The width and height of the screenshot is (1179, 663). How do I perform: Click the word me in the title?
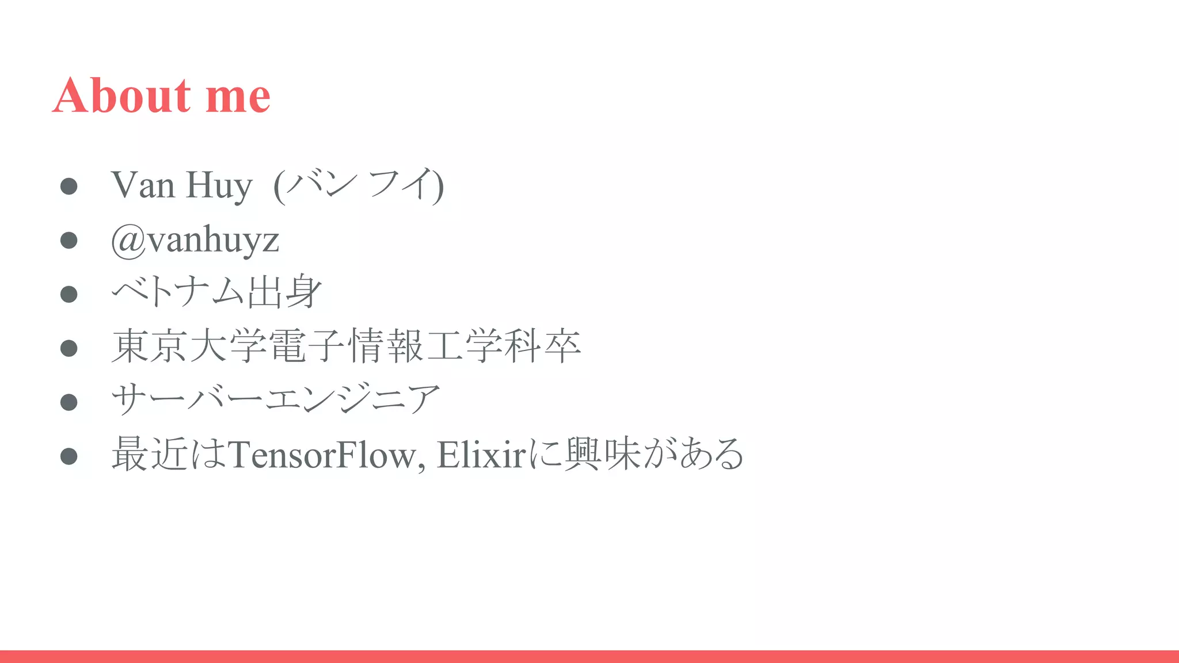pos(238,97)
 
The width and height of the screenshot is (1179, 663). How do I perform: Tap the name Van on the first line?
pos(143,185)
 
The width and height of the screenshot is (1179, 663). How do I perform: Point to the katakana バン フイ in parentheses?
pos(359,185)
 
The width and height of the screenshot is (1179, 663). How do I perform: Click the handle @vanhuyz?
pos(195,239)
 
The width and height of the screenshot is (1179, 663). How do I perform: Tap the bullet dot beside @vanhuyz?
pos(69,240)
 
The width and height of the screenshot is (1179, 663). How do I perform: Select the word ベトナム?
pos(178,292)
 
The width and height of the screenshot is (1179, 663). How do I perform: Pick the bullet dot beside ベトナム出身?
pos(69,294)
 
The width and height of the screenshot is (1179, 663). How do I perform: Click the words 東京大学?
pos(189,346)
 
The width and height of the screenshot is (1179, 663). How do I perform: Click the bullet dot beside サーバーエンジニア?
pos(69,402)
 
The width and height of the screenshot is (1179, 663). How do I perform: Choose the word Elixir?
pos(481,455)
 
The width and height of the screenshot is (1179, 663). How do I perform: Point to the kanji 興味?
pos(603,455)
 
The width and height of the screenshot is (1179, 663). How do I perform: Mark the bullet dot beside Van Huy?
pos(69,186)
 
